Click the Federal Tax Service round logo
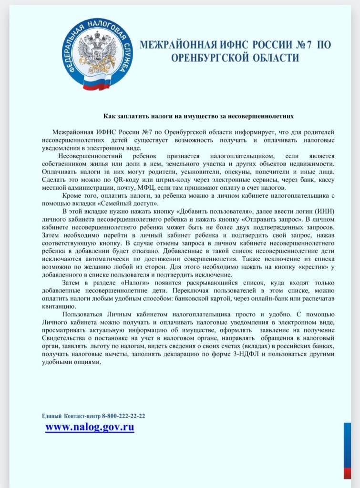click(x=99, y=53)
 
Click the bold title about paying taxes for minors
click(x=198, y=115)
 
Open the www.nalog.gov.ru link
click(x=90, y=427)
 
